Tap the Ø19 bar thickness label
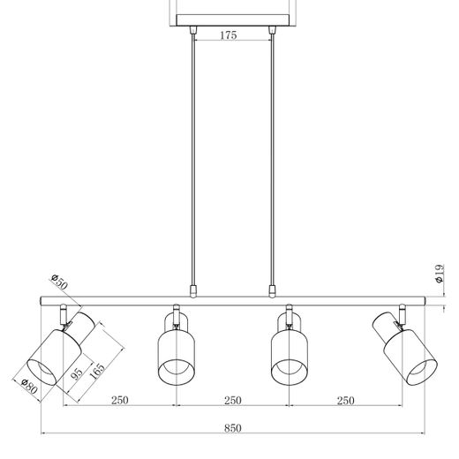click(439, 275)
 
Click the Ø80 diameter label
click(28, 388)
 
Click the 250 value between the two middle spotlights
click(232, 401)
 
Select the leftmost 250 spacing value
click(120, 401)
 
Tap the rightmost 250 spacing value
click(345, 401)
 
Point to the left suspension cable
click(193, 159)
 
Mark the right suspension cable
click(273, 159)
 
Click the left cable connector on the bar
click(193, 289)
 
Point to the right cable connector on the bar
click(273, 289)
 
